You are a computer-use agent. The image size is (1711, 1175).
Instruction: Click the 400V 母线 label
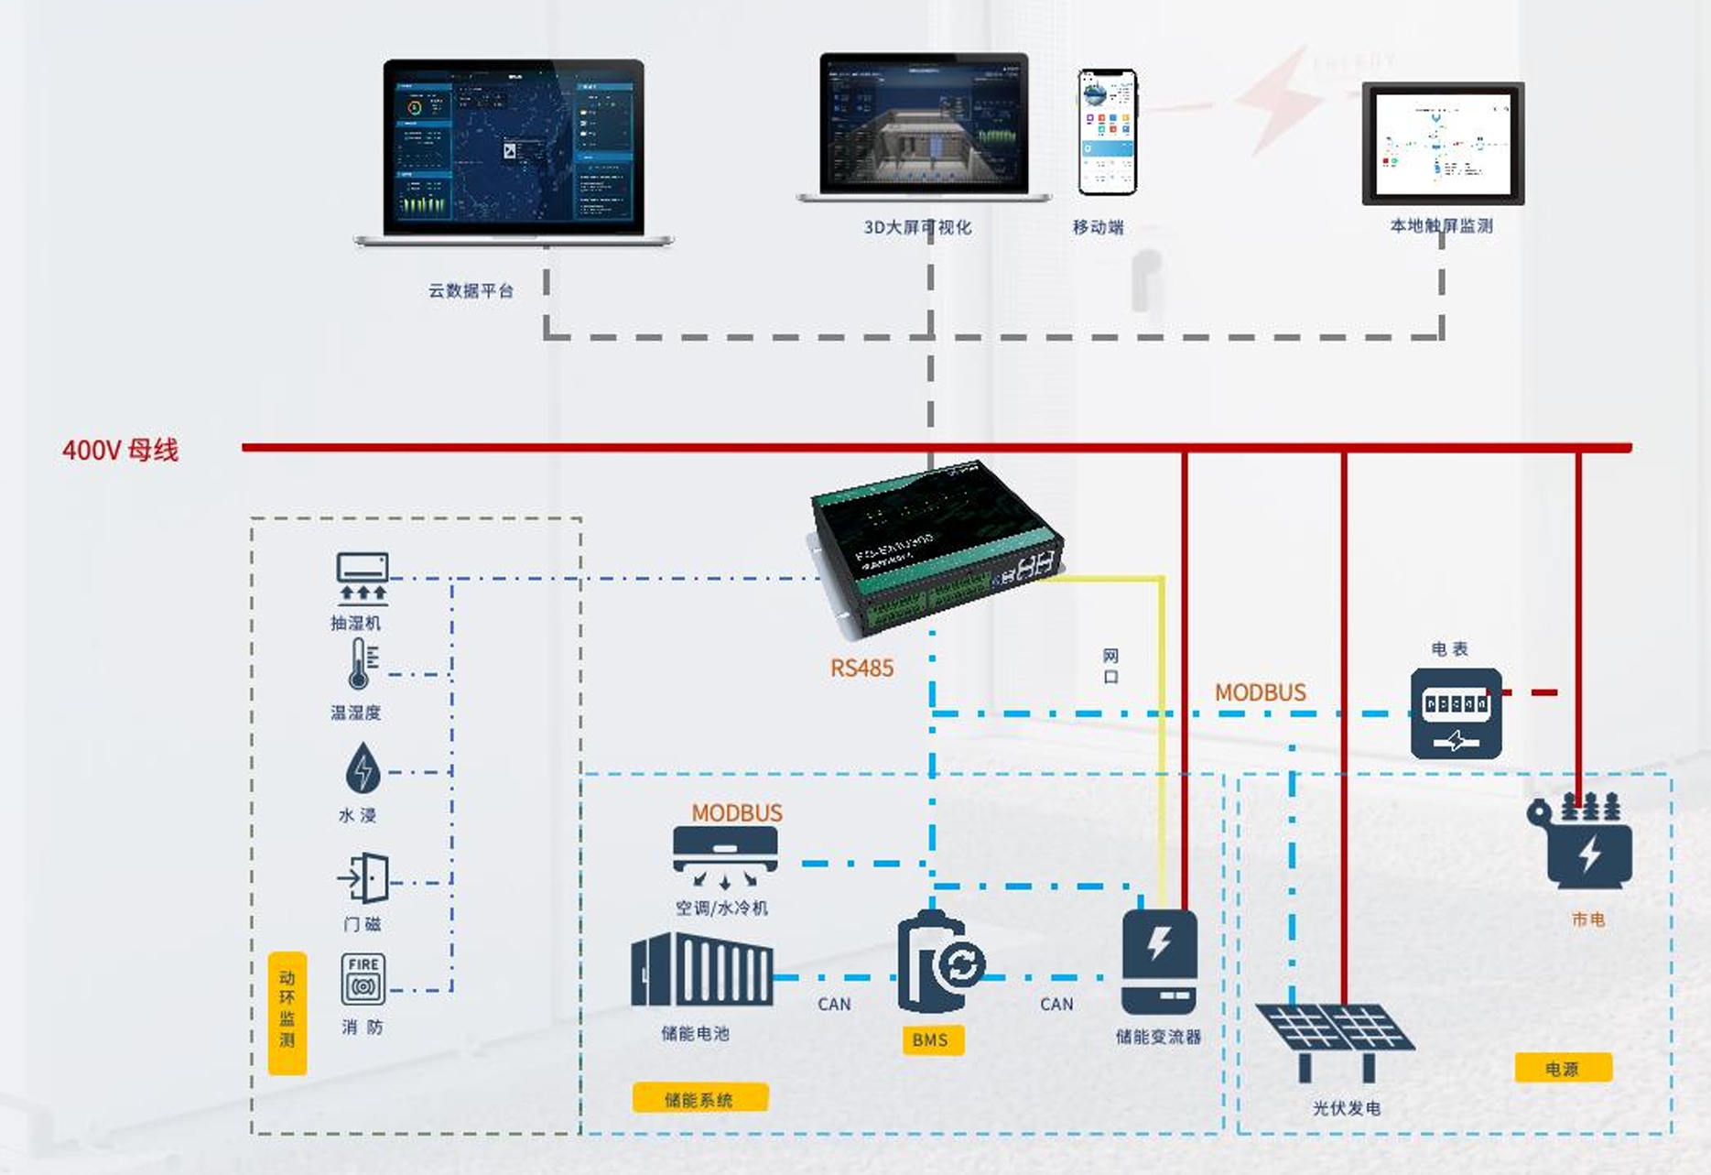point(120,450)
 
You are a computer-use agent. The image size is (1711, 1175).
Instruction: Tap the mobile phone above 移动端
point(1107,132)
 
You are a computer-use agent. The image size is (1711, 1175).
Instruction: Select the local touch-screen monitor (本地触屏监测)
point(1443,144)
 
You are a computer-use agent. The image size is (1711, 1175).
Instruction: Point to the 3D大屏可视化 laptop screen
point(924,124)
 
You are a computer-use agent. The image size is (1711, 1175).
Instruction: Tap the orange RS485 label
point(861,668)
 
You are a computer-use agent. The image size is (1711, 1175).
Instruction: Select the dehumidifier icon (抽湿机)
point(363,578)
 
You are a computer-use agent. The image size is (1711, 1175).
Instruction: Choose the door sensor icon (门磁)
point(364,879)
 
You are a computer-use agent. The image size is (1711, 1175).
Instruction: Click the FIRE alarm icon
point(363,979)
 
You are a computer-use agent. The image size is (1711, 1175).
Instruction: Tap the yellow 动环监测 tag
point(287,1012)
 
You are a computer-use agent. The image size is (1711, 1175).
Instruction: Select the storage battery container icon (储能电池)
point(701,970)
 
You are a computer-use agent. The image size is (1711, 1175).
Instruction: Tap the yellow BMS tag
point(931,1039)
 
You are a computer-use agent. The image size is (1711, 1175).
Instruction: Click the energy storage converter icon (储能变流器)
point(1159,962)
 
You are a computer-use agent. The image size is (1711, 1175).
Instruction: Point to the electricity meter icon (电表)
point(1456,713)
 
